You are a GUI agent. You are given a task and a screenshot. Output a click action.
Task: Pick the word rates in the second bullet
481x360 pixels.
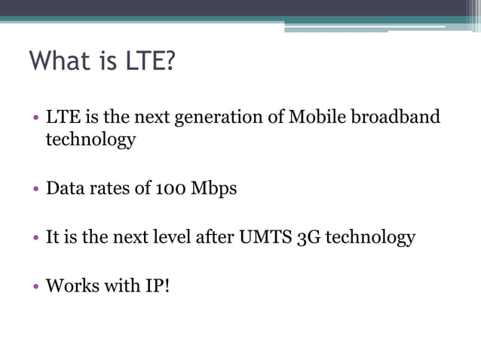(x=106, y=189)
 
